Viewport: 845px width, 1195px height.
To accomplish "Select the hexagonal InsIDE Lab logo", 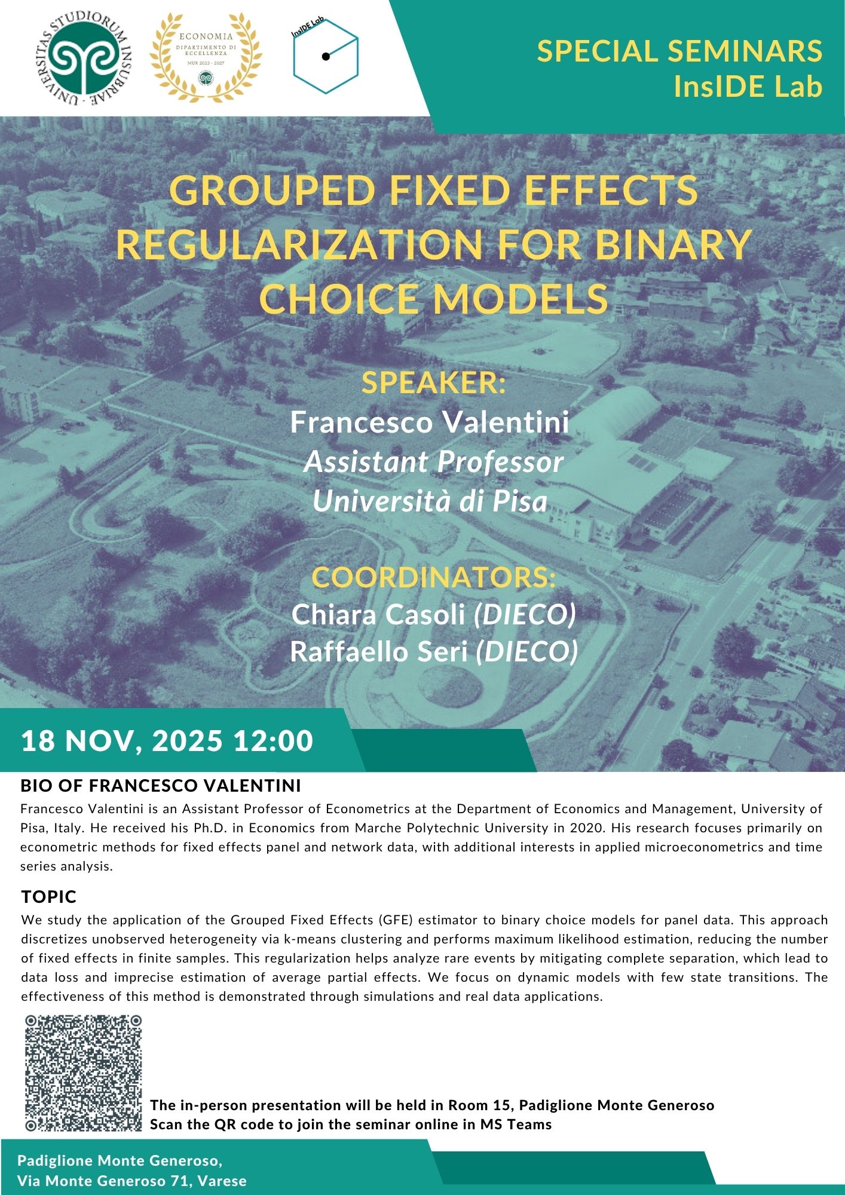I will tap(326, 57).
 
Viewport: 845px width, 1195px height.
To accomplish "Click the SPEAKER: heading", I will tap(433, 382).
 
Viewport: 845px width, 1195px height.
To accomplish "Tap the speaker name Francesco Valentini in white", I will tap(430, 422).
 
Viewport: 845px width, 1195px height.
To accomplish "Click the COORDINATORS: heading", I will tap(433, 577).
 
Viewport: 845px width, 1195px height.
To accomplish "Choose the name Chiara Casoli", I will tap(378, 614).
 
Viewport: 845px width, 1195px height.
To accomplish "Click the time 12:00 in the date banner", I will tap(273, 741).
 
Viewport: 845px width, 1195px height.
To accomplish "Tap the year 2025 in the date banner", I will tap(187, 741).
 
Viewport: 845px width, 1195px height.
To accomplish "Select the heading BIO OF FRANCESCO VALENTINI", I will tap(161, 786).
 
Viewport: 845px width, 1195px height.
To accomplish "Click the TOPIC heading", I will tap(49, 897).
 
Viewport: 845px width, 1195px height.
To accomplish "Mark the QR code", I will tap(84, 1073).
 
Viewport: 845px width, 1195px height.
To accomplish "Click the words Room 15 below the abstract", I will tap(477, 1105).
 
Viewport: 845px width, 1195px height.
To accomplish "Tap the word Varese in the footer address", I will tap(222, 1181).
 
